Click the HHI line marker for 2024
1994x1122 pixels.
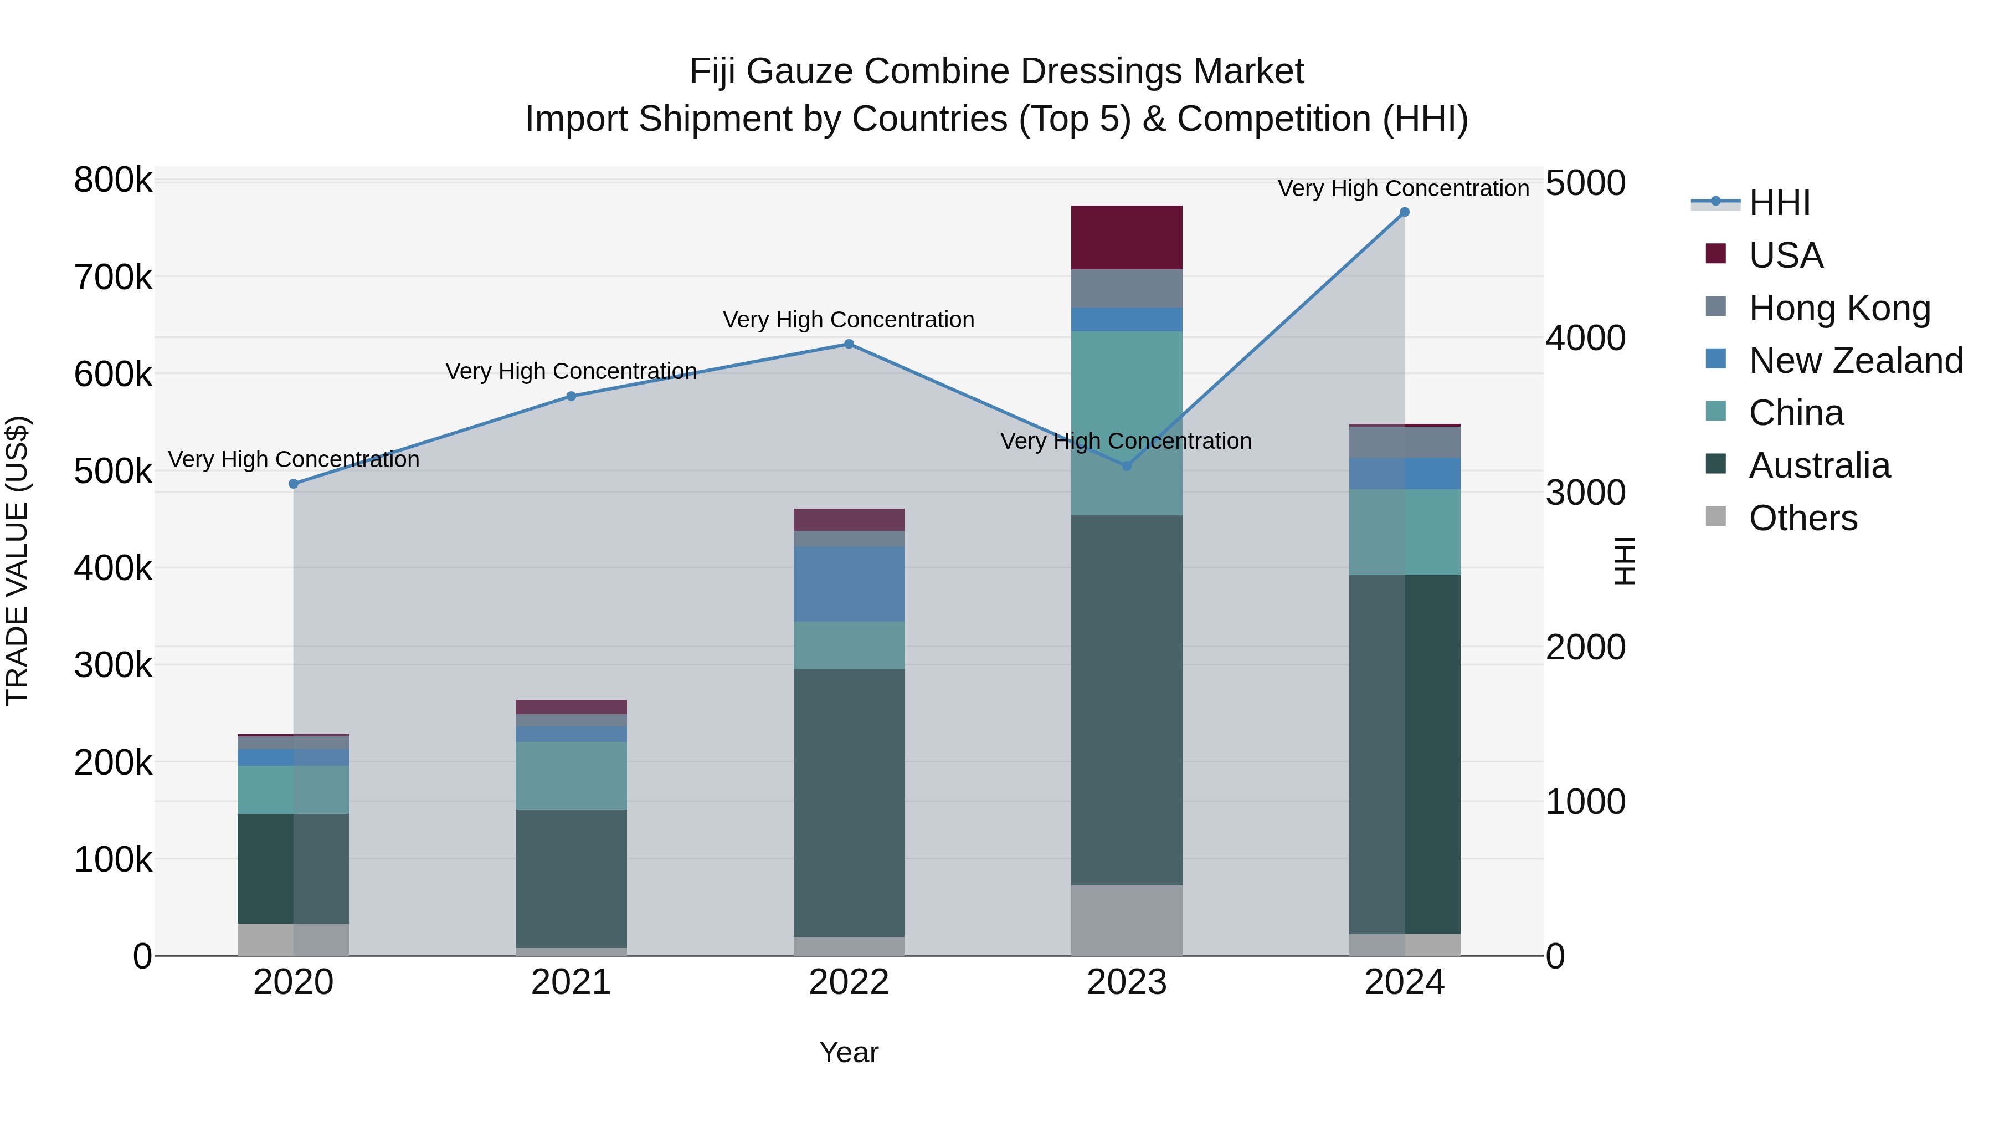(1404, 212)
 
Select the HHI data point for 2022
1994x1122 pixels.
(849, 345)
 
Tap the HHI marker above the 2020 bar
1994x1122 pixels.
(294, 484)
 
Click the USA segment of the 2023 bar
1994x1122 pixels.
(1126, 238)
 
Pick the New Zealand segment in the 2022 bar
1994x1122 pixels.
(849, 584)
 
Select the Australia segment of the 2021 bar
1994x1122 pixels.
(571, 878)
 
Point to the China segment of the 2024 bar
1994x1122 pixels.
(1404, 532)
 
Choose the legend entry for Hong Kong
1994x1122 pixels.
(1839, 308)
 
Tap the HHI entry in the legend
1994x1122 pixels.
(1779, 203)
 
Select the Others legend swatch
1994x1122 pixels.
(1716, 518)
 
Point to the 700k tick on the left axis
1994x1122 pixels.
(113, 277)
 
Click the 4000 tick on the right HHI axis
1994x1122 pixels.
(1585, 339)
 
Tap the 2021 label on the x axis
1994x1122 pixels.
(571, 982)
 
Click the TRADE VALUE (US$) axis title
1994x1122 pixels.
(17, 561)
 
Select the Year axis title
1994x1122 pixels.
(849, 1052)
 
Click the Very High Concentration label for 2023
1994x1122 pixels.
(1126, 442)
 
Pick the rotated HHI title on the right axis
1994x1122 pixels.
(1626, 561)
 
